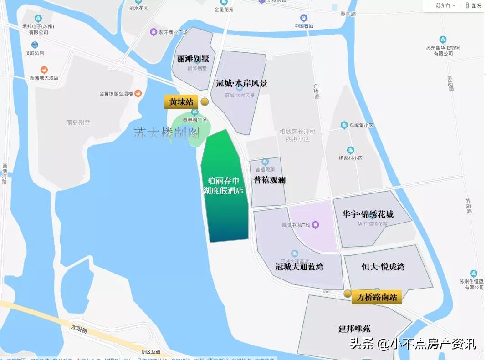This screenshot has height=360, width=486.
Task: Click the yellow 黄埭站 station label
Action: coord(182,102)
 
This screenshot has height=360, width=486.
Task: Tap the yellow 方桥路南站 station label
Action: coord(377,298)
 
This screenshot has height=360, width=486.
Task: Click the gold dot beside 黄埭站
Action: coord(205,101)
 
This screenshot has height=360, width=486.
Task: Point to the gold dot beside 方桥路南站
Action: coord(348,294)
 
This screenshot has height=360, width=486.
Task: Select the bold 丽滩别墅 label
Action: coord(193,59)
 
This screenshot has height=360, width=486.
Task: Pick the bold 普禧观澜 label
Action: coord(270,180)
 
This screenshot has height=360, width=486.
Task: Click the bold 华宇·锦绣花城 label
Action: coord(368,214)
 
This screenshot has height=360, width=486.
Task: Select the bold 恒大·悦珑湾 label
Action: coord(383,267)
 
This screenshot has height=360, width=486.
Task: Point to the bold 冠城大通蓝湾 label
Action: coord(299,267)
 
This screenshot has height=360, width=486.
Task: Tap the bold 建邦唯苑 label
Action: coord(354,328)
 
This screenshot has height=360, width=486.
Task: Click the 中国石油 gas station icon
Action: coord(304,18)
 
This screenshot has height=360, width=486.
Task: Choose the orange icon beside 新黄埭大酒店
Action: coord(44,70)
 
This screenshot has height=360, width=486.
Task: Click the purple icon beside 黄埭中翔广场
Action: coord(315,225)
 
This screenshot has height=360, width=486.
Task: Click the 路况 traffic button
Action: coord(473,5)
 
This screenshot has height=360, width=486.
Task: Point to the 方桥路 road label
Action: coord(317,91)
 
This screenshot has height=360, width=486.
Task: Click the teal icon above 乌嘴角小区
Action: coord(344,125)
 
